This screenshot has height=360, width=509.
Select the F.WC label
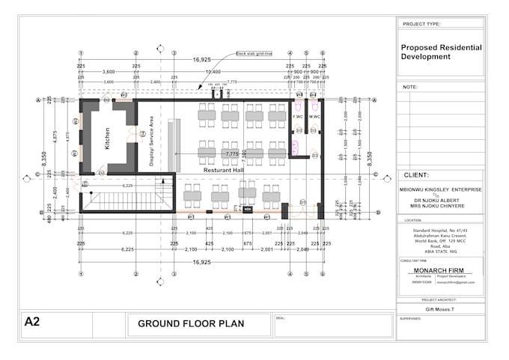pos(298,118)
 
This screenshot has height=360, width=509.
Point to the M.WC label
pos(314,118)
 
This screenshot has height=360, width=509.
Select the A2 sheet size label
pos(32,322)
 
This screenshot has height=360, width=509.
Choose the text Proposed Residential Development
pos(440,52)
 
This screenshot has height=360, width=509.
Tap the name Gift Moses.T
pos(439,308)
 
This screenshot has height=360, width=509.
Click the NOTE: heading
pos(410,87)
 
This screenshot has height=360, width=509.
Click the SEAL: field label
pos(281,317)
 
